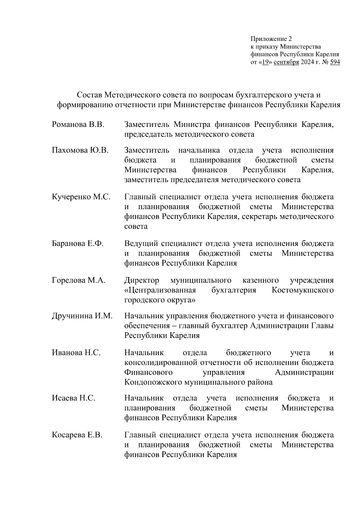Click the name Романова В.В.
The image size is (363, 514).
click(x=78, y=124)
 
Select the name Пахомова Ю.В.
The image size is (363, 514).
click(x=80, y=150)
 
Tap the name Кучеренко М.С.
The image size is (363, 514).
click(x=81, y=197)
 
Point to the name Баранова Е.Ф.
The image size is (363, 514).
click(x=78, y=244)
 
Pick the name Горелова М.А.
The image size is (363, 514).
click(x=79, y=280)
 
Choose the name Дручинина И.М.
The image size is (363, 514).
click(x=82, y=316)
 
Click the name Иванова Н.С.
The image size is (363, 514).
click(x=76, y=353)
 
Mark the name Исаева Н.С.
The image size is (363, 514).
click(x=74, y=398)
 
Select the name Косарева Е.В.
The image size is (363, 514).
click(x=77, y=435)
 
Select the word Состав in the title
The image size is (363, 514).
click(x=89, y=95)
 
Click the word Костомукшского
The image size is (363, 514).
click(x=302, y=290)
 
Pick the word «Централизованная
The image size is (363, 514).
click(x=160, y=290)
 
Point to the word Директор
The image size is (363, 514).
click(x=142, y=280)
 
